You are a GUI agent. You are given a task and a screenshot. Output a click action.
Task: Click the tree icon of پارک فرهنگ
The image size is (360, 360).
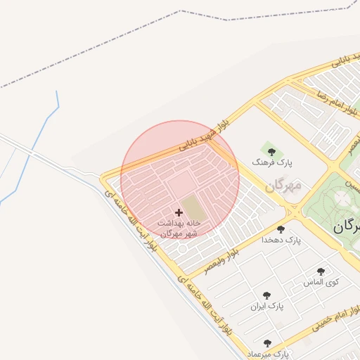[x=269, y=150]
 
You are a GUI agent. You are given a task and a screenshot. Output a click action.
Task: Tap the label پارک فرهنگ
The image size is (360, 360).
[x=271, y=162]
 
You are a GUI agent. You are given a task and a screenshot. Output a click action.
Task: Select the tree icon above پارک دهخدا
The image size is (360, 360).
[x=281, y=229]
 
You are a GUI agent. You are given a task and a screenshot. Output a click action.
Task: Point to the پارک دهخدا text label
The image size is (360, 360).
[x=281, y=240]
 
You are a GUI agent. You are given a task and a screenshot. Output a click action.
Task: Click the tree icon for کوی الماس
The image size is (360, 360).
[x=321, y=271]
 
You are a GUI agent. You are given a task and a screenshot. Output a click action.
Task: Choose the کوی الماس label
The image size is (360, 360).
[x=321, y=283]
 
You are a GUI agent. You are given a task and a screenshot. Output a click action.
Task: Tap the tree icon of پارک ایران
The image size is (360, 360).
[x=266, y=296]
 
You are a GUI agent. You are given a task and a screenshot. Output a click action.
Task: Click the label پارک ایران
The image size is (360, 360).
[x=266, y=307]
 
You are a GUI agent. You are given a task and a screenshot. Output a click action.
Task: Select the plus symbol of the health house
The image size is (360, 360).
[x=178, y=212]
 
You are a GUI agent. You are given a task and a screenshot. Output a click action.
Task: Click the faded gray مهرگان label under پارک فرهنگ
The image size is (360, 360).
[x=283, y=186]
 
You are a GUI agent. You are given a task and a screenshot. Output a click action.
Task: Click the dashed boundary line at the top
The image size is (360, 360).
[x=181, y=12]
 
